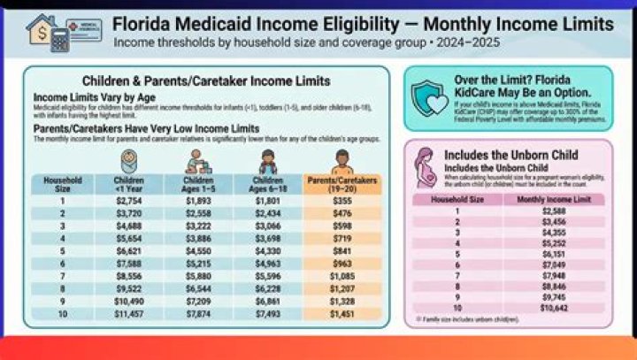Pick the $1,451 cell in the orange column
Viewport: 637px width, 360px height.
342,313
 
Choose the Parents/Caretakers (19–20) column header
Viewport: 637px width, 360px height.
342,184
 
